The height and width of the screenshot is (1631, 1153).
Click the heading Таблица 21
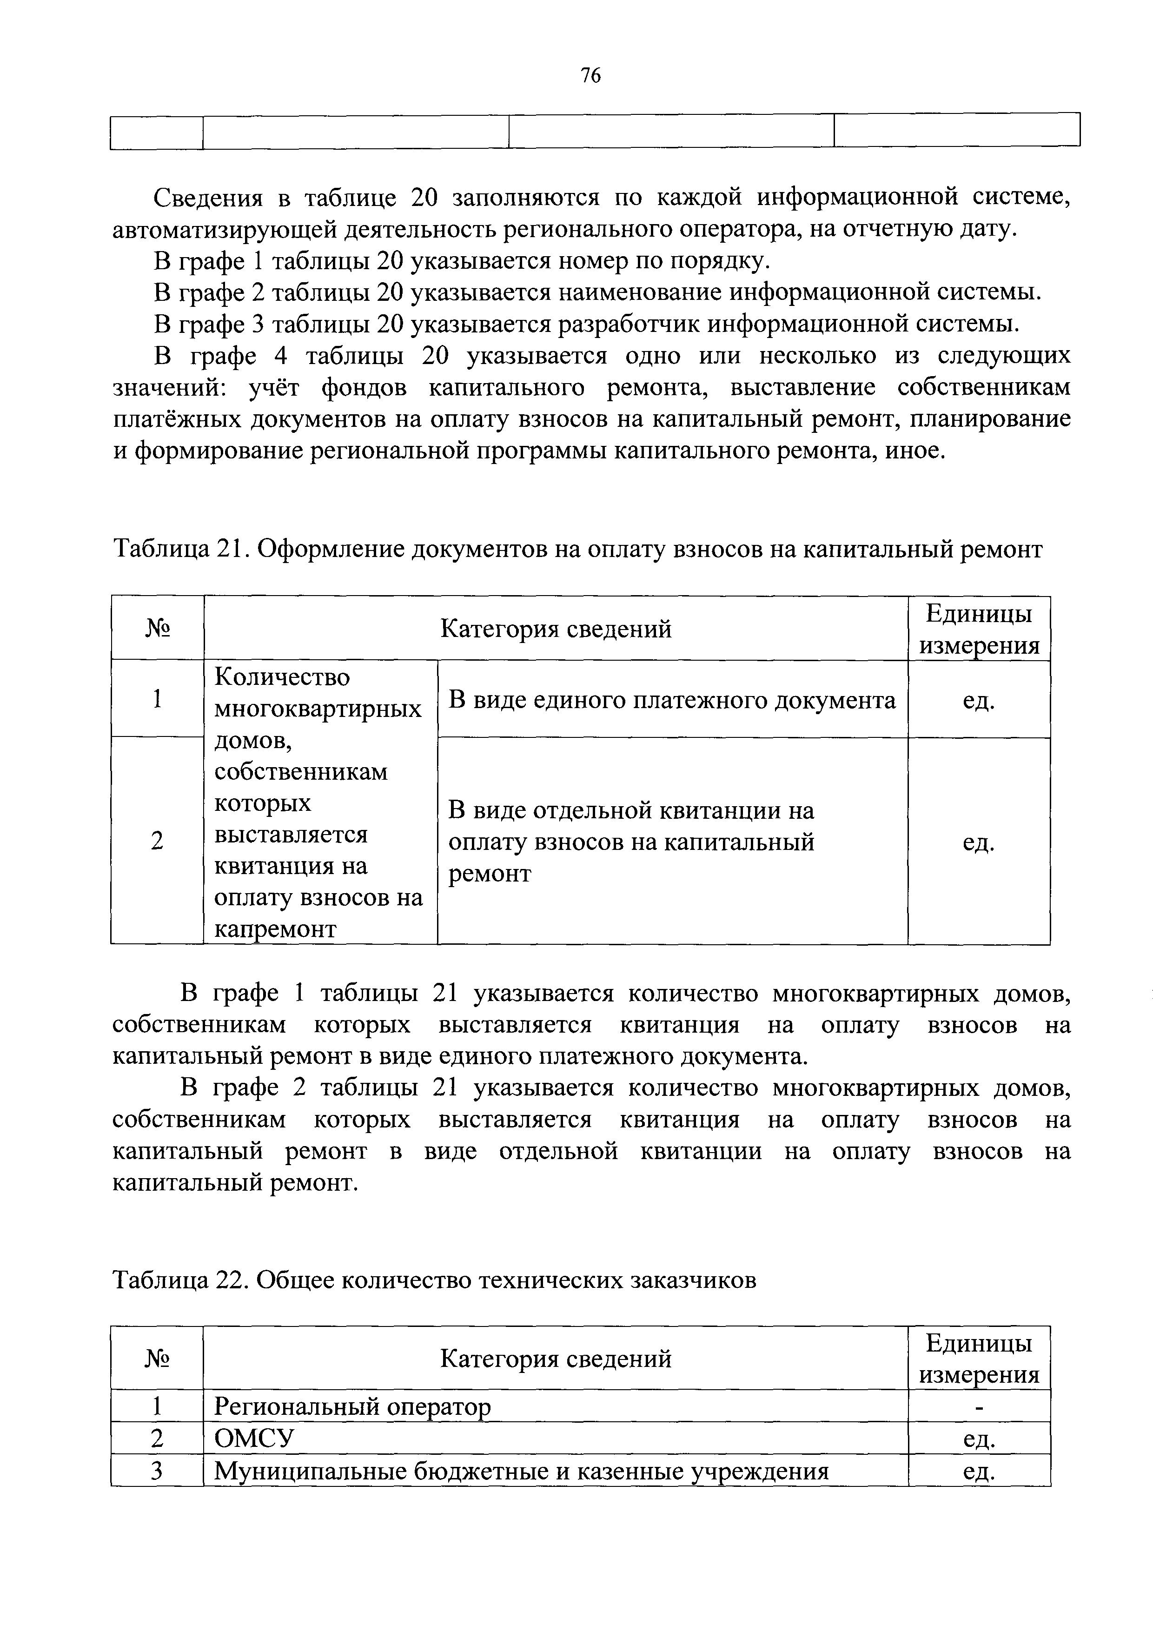182,549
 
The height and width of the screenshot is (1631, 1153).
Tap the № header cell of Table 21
157,629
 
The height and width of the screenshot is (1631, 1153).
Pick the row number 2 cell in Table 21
157,841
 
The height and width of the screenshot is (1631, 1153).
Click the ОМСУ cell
254,1439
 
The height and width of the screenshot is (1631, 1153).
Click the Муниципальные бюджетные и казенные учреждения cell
522,1471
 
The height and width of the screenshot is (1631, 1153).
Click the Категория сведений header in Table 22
556,1359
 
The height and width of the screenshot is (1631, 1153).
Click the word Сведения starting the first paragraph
208,198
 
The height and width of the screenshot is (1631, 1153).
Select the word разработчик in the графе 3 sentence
631,324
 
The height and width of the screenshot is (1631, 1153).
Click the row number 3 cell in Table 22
157,1471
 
